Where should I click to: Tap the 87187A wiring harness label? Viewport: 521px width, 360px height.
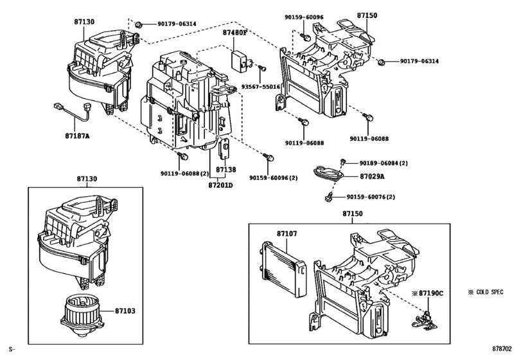pos(77,136)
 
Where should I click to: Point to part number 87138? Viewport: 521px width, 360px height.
pos(226,170)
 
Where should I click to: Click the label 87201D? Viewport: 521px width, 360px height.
pos(222,185)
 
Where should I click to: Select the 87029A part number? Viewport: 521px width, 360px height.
pos(372,176)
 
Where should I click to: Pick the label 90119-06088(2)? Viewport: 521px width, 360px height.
pos(184,173)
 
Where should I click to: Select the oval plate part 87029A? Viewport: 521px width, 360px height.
pos(329,174)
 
